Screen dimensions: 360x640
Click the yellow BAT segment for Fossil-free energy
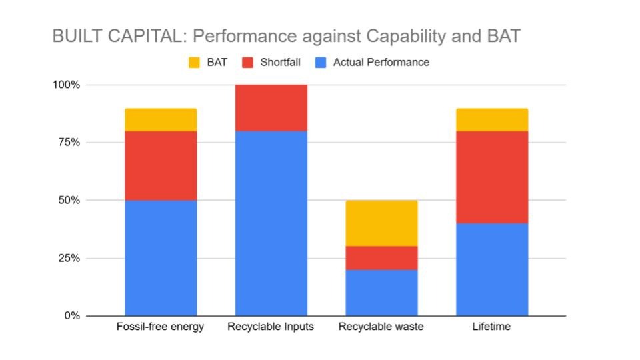(161, 119)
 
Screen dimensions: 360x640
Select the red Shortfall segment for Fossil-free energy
(161, 165)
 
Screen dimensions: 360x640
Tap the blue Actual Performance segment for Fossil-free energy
(161, 257)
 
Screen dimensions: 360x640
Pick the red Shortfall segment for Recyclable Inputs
(271, 108)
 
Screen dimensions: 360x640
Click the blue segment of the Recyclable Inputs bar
(271, 223)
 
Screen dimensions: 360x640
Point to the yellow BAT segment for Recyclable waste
(381, 223)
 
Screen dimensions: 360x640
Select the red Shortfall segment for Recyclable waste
(381, 258)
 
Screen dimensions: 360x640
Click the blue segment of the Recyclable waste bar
(381, 293)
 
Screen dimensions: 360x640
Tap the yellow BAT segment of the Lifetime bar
(492, 119)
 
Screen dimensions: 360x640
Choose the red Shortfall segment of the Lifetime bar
(492, 177)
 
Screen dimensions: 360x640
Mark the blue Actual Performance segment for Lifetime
(492, 269)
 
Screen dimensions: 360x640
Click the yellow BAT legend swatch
(193, 63)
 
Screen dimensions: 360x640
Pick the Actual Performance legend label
(381, 63)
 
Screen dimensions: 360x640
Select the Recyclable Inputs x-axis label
(271, 327)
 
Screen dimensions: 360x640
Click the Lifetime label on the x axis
(492, 327)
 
